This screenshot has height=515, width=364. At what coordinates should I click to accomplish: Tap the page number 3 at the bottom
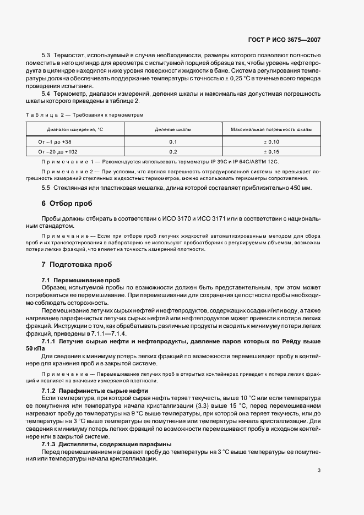(x=319, y=470)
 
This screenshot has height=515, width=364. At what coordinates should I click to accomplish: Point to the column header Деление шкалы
(x=173, y=129)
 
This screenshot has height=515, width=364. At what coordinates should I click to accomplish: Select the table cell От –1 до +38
(x=55, y=141)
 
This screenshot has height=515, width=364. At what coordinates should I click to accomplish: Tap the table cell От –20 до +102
(x=58, y=151)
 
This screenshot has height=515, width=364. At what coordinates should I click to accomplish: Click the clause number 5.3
(x=46, y=56)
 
